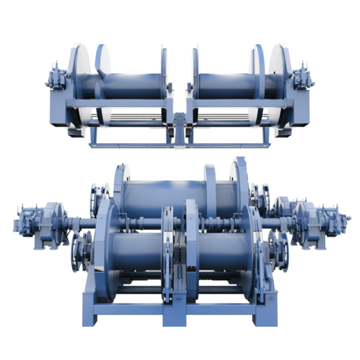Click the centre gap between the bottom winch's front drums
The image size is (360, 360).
point(180,258)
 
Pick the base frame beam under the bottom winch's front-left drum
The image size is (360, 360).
point(129,312)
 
